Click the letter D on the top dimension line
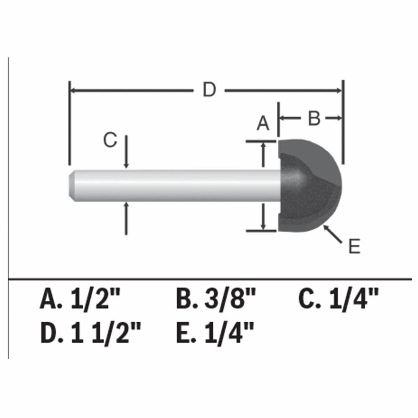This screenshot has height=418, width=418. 209,90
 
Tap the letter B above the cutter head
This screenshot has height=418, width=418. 314,119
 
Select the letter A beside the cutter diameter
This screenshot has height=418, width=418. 263,124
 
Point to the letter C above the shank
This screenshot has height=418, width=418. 110,141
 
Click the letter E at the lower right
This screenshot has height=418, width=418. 354,247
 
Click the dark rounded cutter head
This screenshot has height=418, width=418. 309,186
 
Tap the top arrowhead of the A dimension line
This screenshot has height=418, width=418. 263,145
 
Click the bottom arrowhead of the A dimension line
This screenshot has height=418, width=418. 263,227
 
